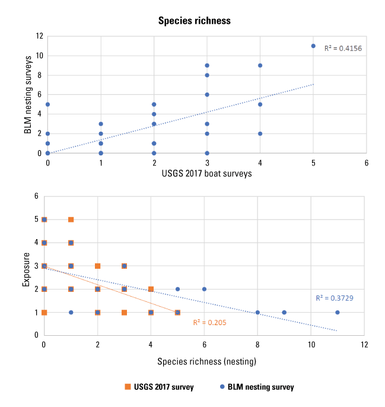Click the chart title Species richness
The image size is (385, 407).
[194, 21]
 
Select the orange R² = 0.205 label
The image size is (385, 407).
[209, 322]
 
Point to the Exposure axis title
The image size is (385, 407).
[26, 265]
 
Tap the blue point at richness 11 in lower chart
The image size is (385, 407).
[338, 312]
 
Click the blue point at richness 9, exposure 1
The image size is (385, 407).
[284, 312]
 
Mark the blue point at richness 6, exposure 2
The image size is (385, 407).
[204, 289]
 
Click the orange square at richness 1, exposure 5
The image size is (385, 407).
[71, 220]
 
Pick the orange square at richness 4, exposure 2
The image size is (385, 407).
[151, 289]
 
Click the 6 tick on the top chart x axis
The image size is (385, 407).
[367, 161]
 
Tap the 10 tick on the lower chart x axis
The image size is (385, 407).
[311, 344]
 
